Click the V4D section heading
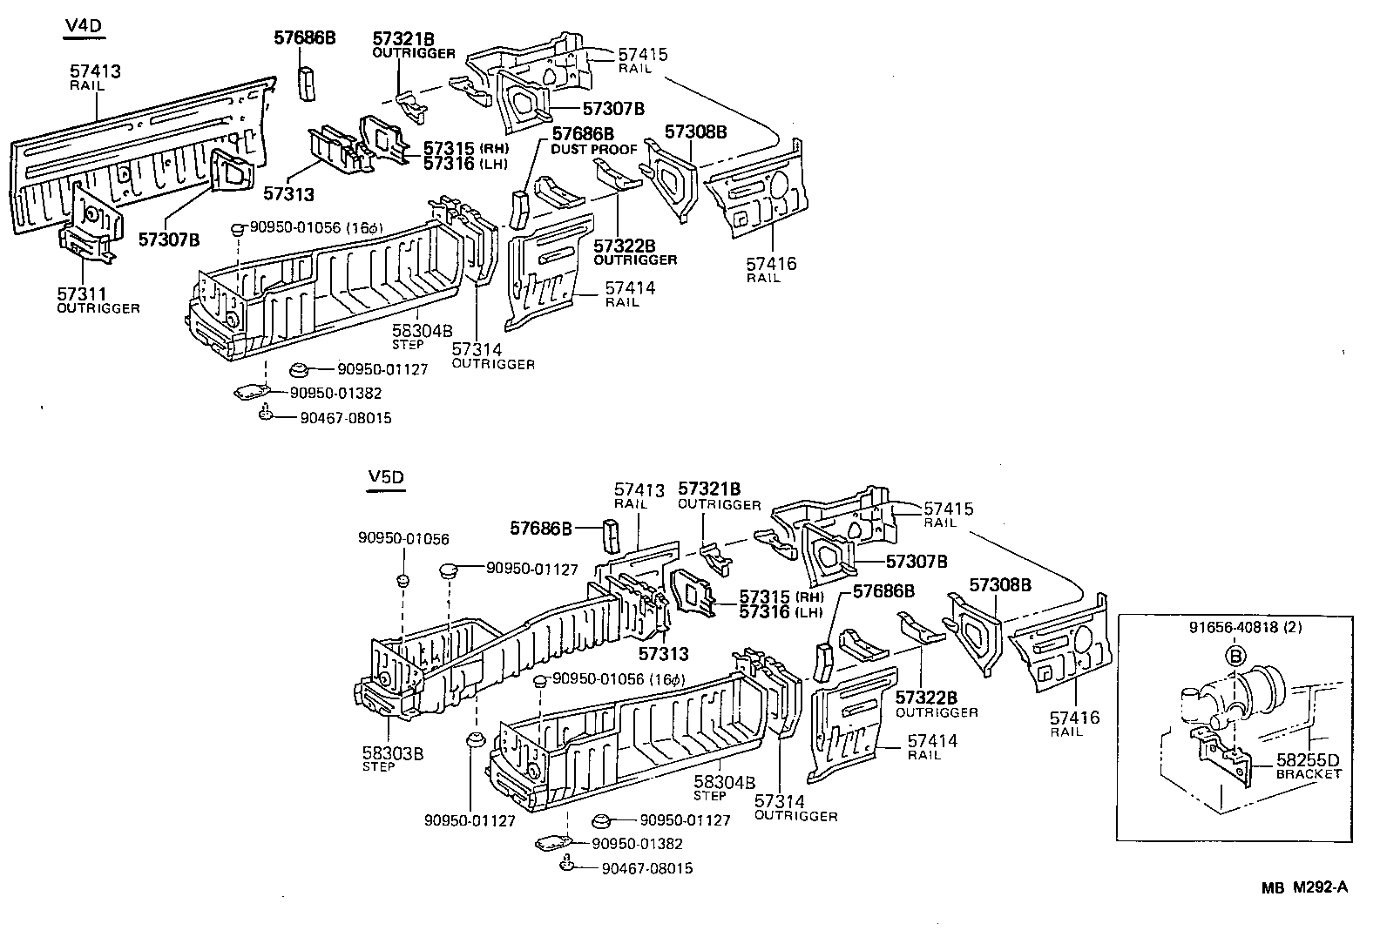tap(84, 27)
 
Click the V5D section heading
tap(386, 478)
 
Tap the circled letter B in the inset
tap(1235, 655)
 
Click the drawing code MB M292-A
tap(1305, 887)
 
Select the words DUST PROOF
tap(594, 149)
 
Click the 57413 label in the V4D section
tap(95, 72)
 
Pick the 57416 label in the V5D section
tap(1074, 718)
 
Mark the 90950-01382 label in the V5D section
tap(637, 844)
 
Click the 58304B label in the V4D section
tap(423, 331)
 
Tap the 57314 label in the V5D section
tap(780, 802)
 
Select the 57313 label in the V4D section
tap(289, 195)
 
